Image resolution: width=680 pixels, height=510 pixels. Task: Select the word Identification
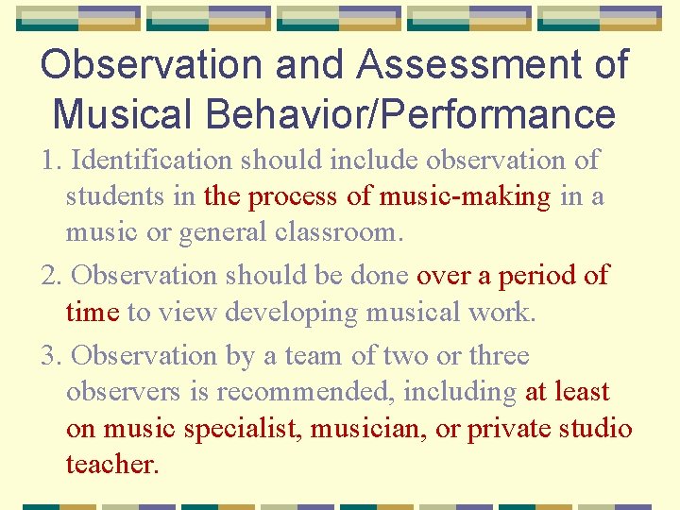click(151, 161)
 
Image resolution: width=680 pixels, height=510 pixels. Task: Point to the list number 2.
click(50, 276)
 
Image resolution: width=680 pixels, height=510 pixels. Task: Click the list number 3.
click(50, 356)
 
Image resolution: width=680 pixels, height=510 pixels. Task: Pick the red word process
click(294, 197)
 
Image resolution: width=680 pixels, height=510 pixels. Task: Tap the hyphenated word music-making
click(464, 196)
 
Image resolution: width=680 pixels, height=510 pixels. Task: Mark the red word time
click(92, 313)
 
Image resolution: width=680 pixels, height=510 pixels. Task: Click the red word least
click(579, 392)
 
